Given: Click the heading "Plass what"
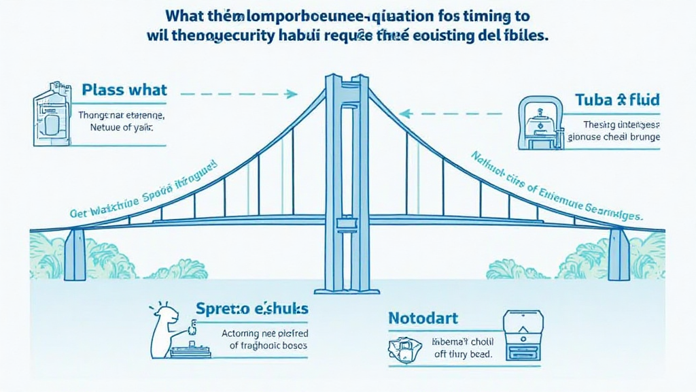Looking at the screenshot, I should [x=124, y=90].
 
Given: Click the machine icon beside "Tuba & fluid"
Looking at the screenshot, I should [x=542, y=122].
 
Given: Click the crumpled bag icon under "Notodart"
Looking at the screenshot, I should [x=406, y=348].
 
